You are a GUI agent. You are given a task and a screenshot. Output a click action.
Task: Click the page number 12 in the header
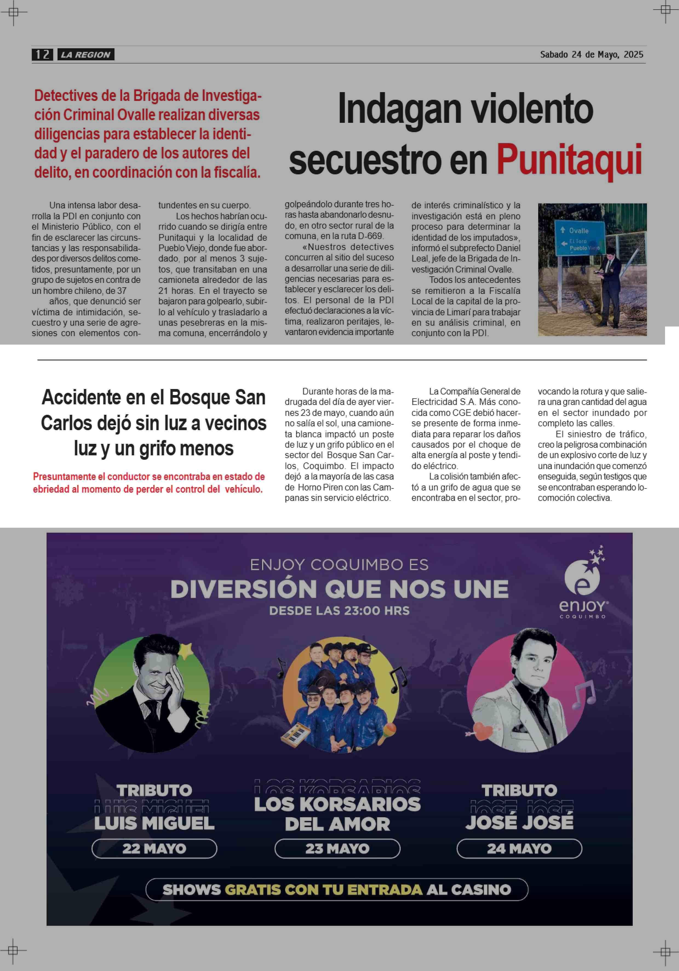pos(42,55)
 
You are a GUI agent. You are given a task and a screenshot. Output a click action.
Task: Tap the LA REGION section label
pos(85,55)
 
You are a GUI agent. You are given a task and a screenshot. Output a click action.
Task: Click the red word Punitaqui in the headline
pos(569,160)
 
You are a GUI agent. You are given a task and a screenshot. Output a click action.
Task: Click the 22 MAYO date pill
pos(154,848)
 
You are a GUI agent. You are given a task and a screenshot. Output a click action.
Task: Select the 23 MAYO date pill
pos(337,848)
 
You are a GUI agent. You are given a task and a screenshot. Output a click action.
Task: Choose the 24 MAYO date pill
pos(519,848)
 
